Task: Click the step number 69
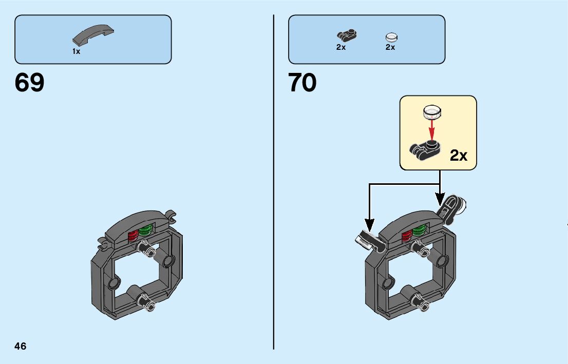click(x=30, y=83)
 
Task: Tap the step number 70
click(x=302, y=83)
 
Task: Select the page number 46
click(x=21, y=346)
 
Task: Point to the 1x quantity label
click(x=76, y=51)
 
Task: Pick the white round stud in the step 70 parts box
click(x=391, y=37)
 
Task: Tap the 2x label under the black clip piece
click(x=341, y=47)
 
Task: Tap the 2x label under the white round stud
click(x=390, y=47)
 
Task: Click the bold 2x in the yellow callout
click(x=458, y=156)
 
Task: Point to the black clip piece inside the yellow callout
click(x=425, y=147)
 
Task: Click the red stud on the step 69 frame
click(x=133, y=235)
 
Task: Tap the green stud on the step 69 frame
click(x=146, y=231)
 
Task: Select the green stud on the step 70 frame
click(x=419, y=229)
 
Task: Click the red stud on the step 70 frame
click(x=407, y=235)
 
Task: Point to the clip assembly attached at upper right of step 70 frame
click(x=453, y=208)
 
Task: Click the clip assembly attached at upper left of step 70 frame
click(x=369, y=240)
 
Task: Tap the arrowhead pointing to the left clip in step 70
click(x=369, y=226)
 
